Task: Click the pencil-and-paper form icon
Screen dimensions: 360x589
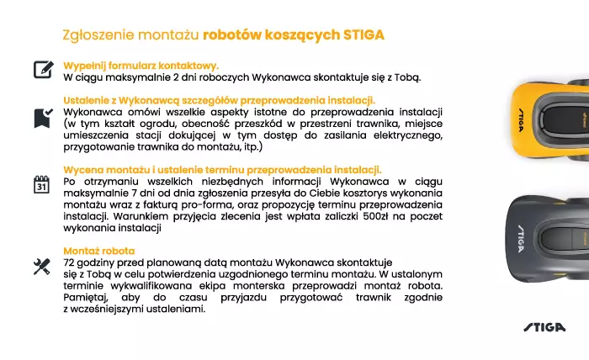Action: click(43, 70)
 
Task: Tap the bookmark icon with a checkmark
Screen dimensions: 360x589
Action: click(42, 118)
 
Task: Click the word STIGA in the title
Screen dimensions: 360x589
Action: click(364, 35)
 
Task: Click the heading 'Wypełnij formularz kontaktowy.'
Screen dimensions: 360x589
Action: click(141, 65)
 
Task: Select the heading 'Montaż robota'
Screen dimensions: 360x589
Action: click(99, 251)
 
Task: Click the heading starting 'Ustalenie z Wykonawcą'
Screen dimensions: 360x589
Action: click(219, 100)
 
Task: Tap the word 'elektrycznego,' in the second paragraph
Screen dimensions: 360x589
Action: click(406, 135)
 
